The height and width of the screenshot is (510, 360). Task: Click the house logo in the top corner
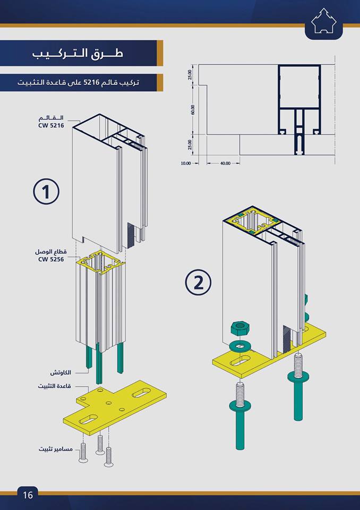point(324,21)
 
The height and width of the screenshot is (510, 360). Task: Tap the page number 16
point(28,495)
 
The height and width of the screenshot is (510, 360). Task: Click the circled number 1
point(46,191)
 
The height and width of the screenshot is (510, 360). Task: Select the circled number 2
point(198,282)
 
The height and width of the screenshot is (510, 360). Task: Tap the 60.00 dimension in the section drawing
point(193,109)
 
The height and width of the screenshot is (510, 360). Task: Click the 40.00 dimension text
point(225,163)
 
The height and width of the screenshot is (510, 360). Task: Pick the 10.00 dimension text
point(186,163)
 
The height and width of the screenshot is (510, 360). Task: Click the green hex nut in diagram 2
point(240,328)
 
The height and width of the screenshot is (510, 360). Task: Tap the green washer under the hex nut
point(240,345)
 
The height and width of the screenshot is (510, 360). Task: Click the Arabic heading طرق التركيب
point(78,53)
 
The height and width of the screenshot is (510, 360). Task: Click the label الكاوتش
point(61,372)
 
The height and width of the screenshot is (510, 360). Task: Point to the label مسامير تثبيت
point(56,449)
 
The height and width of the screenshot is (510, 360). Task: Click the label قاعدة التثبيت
point(54,386)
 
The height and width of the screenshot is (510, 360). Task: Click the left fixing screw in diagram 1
point(83,452)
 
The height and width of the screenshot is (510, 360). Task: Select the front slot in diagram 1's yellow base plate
point(88,419)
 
